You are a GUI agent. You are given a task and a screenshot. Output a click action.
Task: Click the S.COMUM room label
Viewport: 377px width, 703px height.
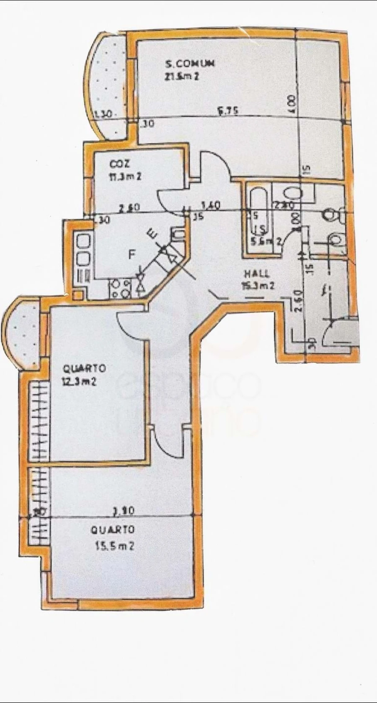[x=190, y=64]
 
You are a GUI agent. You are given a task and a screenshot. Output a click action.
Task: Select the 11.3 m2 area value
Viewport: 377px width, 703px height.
[x=125, y=176]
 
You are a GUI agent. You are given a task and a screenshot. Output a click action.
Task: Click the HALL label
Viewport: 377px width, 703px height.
[x=257, y=274]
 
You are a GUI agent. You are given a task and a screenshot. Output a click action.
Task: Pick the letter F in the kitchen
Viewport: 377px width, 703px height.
[x=132, y=255]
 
